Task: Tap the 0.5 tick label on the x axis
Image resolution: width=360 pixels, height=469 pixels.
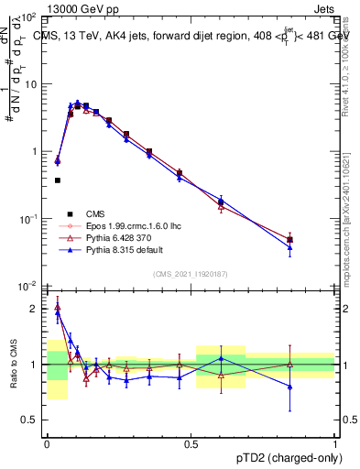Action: pyautogui.click(x=191, y=442)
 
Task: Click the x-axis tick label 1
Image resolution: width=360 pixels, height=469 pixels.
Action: pyautogui.click(x=335, y=442)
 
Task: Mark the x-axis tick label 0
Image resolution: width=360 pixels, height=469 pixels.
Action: pyautogui.click(x=47, y=442)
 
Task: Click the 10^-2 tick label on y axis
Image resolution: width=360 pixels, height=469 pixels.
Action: pyautogui.click(x=28, y=287)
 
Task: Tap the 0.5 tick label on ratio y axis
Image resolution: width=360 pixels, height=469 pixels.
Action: pyautogui.click(x=30, y=420)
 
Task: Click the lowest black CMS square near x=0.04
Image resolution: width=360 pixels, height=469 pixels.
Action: pyautogui.click(x=58, y=180)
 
